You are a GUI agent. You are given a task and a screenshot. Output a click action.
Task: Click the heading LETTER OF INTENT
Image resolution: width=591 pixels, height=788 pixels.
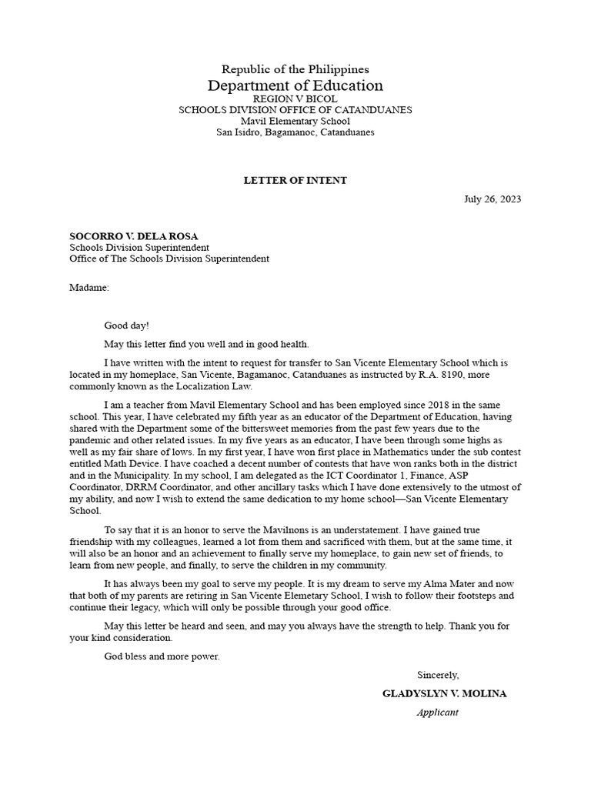click(295, 181)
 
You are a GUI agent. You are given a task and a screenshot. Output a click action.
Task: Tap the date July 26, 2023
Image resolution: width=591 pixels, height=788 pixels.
click(492, 199)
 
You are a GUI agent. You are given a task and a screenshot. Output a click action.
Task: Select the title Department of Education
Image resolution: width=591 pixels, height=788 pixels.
click(295, 85)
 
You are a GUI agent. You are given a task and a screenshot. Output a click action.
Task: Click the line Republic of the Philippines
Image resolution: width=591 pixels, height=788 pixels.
click(295, 70)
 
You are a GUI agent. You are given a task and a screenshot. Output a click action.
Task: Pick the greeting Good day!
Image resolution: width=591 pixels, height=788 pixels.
click(126, 326)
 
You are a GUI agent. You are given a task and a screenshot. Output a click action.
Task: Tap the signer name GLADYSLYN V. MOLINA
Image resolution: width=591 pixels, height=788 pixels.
click(445, 693)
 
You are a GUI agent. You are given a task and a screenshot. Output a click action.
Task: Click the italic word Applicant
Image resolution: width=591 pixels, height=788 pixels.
click(437, 712)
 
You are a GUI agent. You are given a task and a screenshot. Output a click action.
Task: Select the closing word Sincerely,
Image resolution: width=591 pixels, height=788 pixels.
click(438, 675)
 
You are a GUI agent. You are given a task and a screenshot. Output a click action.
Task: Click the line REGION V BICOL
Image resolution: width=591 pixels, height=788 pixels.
click(295, 99)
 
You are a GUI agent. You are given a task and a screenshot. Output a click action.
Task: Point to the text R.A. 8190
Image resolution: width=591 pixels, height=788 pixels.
click(402, 375)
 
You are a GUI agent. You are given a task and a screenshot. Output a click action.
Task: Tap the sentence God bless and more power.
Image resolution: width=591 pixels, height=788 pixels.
click(162, 656)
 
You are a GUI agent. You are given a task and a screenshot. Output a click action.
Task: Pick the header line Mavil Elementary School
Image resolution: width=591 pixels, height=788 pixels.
click(295, 121)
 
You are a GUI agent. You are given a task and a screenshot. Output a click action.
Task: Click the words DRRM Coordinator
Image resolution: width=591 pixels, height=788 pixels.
click(160, 488)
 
